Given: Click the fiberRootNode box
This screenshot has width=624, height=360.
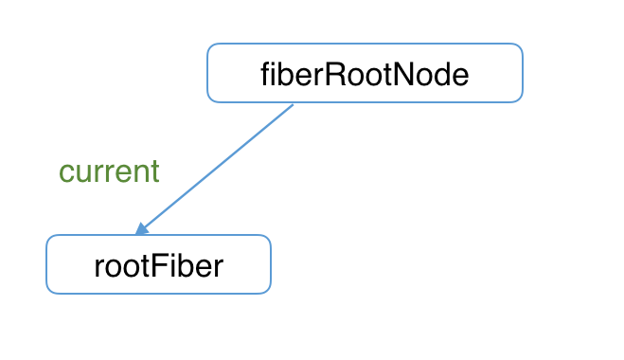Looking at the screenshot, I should tap(365, 73).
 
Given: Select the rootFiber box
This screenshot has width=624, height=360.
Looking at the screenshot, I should tap(158, 264).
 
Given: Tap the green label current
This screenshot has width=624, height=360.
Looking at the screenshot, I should tap(109, 171).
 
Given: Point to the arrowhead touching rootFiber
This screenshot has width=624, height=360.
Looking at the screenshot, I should tap(141, 228).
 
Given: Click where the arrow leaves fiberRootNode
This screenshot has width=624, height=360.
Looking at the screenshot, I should tap(294, 104).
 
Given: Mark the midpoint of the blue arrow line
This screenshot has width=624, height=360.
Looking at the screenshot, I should tap(217, 167).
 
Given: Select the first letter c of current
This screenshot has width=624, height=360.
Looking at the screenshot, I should tap(65, 173).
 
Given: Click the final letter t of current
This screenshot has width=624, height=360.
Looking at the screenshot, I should tap(154, 171).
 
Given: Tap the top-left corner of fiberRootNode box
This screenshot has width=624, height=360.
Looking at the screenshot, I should tap(209, 45).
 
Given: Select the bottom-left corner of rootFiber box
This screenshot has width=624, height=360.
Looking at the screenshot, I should tap(48, 291).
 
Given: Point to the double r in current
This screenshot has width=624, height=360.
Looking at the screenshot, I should tap(101, 173).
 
